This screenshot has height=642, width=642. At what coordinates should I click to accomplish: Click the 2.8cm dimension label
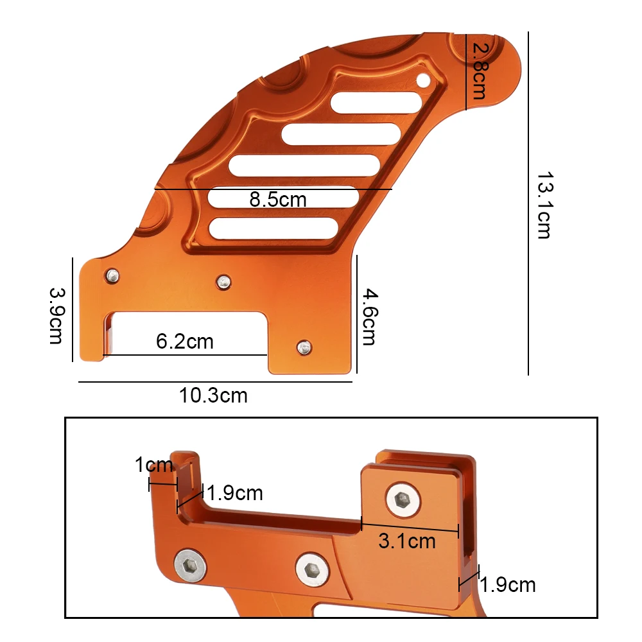478,71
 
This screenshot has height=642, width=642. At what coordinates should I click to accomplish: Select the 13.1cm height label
544,205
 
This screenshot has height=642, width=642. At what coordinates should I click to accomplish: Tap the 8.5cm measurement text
278,200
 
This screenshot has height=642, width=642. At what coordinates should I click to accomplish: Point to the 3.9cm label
56,315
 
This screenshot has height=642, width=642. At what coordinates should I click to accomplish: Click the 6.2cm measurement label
185,341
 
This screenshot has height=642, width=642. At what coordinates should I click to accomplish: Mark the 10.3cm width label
213,395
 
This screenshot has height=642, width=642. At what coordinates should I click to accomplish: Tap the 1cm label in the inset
153,464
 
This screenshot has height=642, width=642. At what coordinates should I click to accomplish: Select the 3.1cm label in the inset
407,541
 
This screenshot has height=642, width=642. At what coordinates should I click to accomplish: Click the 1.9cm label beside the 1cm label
236,493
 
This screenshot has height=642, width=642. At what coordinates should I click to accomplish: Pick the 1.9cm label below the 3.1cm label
508,585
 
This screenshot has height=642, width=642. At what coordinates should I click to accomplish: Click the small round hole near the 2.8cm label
424,80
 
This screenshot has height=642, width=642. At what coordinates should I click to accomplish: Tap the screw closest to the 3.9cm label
112,275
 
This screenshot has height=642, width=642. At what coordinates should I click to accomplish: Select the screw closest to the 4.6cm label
304,348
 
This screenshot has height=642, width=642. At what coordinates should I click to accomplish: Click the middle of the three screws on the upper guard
223,281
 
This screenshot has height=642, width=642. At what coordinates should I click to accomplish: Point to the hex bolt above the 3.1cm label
403,499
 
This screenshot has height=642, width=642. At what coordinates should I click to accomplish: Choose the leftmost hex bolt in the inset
191,566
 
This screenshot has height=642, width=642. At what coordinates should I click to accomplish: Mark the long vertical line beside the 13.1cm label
528,204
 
